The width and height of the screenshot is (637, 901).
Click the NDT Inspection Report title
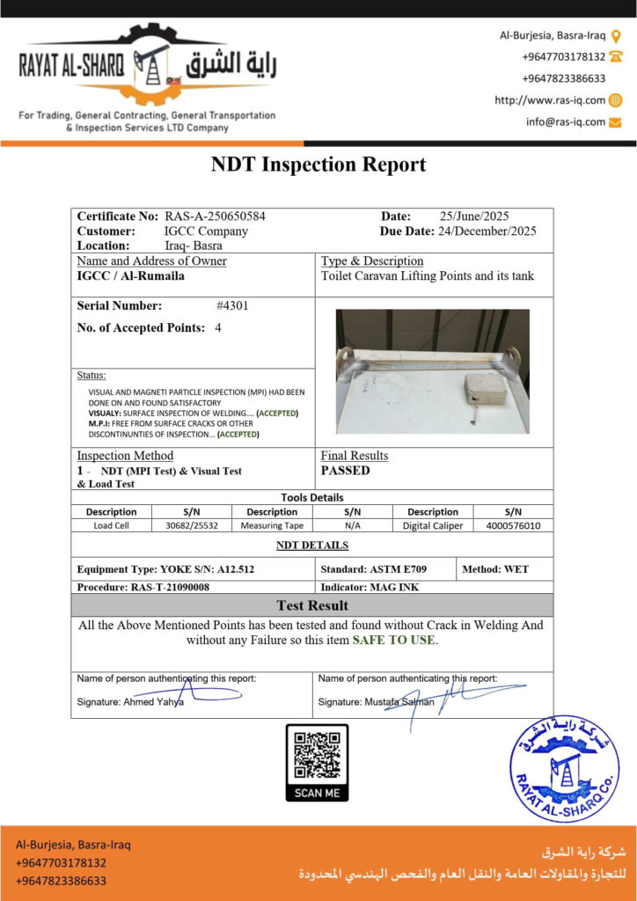(318, 165)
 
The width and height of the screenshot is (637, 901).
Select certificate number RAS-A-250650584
(216, 216)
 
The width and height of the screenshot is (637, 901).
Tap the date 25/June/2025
(474, 216)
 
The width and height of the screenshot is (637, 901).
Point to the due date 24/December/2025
(487, 231)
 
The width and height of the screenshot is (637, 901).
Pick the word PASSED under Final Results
(346, 471)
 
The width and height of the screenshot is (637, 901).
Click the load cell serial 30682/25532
(192, 525)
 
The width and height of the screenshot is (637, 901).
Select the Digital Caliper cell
(433, 525)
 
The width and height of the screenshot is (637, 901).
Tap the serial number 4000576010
(513, 525)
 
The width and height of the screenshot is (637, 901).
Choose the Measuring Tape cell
(272, 525)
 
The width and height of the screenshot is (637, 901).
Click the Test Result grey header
(312, 605)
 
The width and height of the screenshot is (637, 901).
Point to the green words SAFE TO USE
(393, 640)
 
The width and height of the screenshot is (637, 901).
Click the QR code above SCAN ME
(317, 754)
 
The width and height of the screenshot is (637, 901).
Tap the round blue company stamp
(564, 768)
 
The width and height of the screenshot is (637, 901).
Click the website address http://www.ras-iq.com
(550, 100)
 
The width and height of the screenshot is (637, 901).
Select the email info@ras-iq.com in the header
(566, 122)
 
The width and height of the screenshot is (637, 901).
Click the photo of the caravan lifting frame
(432, 371)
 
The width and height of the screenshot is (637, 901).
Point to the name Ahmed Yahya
(155, 702)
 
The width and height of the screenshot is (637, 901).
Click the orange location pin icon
(616, 36)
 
